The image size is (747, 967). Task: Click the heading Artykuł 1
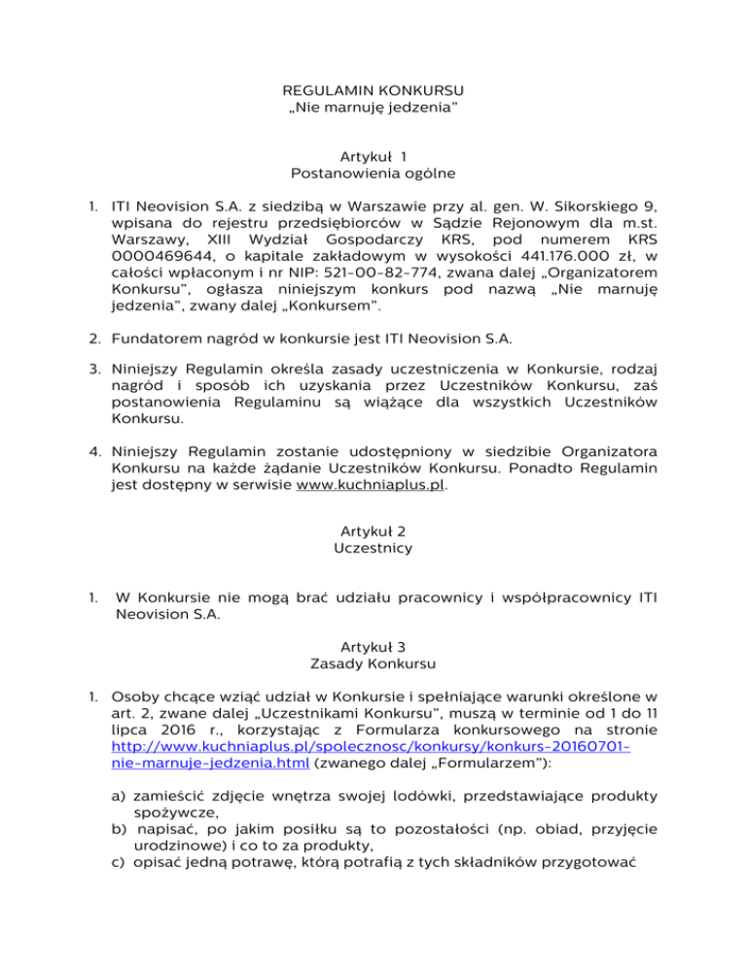pyautogui.click(x=373, y=156)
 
